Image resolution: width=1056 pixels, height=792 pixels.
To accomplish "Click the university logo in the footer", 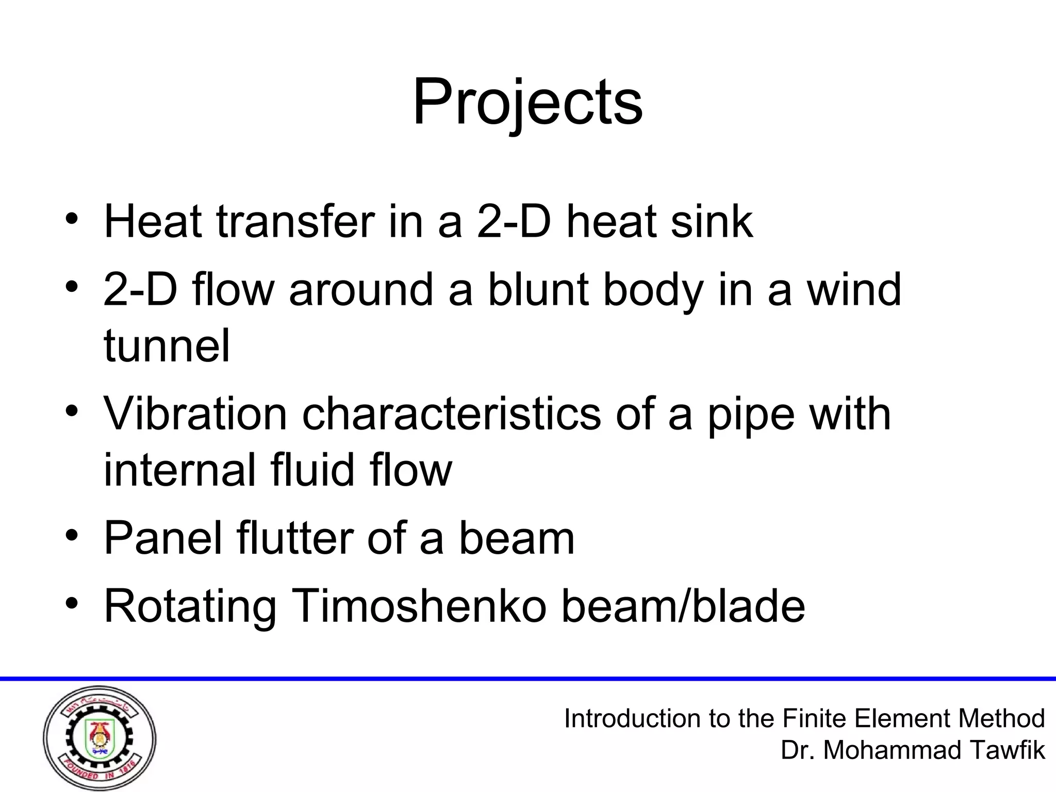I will point(100,738).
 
